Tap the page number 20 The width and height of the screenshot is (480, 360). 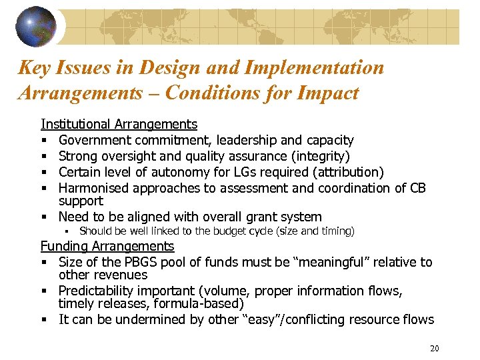[435, 349]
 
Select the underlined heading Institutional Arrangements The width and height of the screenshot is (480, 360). [119, 124]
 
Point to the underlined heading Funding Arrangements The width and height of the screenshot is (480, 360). [107, 246]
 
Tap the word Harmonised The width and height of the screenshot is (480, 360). [92, 187]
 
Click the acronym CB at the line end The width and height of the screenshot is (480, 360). [418, 187]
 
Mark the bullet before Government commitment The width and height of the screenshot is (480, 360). [44, 141]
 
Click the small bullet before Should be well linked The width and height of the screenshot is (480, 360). [68, 231]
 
